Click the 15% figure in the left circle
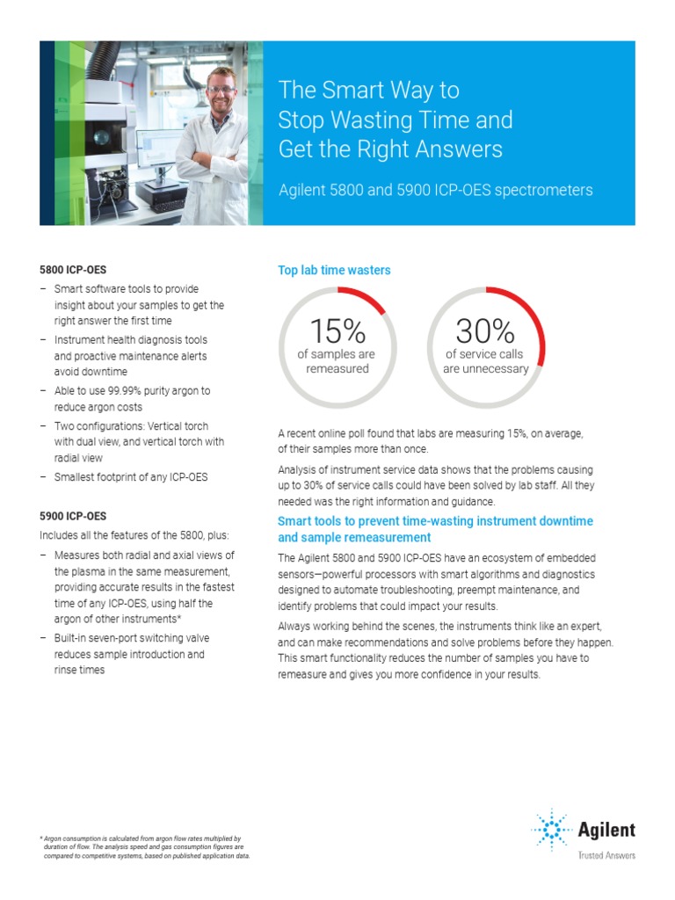337,331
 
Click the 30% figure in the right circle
485,331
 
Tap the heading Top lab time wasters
334,271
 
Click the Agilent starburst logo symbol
551,830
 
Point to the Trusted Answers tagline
606,854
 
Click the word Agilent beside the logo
606,830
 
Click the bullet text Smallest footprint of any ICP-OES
131,477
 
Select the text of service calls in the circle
484,354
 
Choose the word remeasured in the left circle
337,368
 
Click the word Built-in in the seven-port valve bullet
74,638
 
